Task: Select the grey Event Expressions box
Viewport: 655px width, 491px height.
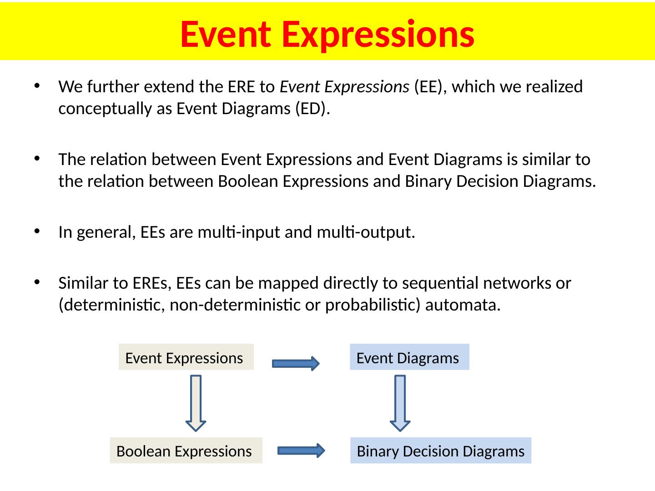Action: (x=186, y=357)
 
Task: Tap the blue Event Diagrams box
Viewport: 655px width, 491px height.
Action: (x=409, y=357)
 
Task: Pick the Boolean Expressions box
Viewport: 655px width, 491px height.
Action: (x=186, y=451)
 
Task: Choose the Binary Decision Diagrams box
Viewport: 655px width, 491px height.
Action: (x=440, y=451)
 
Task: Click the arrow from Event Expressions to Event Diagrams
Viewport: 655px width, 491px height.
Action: (x=296, y=364)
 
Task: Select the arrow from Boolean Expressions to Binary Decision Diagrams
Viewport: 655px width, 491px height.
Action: (x=301, y=451)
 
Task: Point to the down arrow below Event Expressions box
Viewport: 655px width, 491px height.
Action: (x=196, y=403)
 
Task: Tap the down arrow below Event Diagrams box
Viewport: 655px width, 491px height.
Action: (x=400, y=403)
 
